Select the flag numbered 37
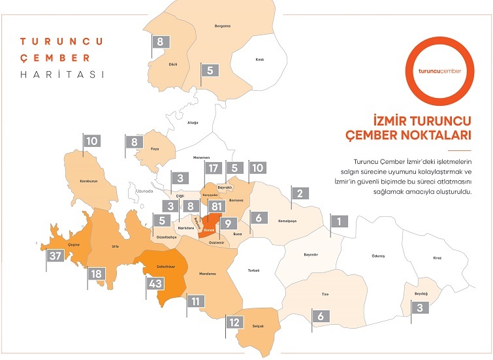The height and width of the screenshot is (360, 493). pyautogui.click(x=56, y=255)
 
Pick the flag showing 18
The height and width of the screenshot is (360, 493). pyautogui.click(x=97, y=274)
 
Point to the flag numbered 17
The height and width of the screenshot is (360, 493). pyautogui.click(x=212, y=168)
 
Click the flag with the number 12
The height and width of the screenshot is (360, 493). pyautogui.click(x=233, y=322)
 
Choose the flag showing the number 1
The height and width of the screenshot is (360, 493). pyautogui.click(x=339, y=221)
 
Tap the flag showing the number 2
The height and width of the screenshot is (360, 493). pyautogui.click(x=300, y=193)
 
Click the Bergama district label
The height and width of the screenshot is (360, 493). pyautogui.click(x=223, y=25)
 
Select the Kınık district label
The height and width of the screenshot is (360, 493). pyautogui.click(x=259, y=59)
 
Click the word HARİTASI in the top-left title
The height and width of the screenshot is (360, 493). pyautogui.click(x=63, y=74)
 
